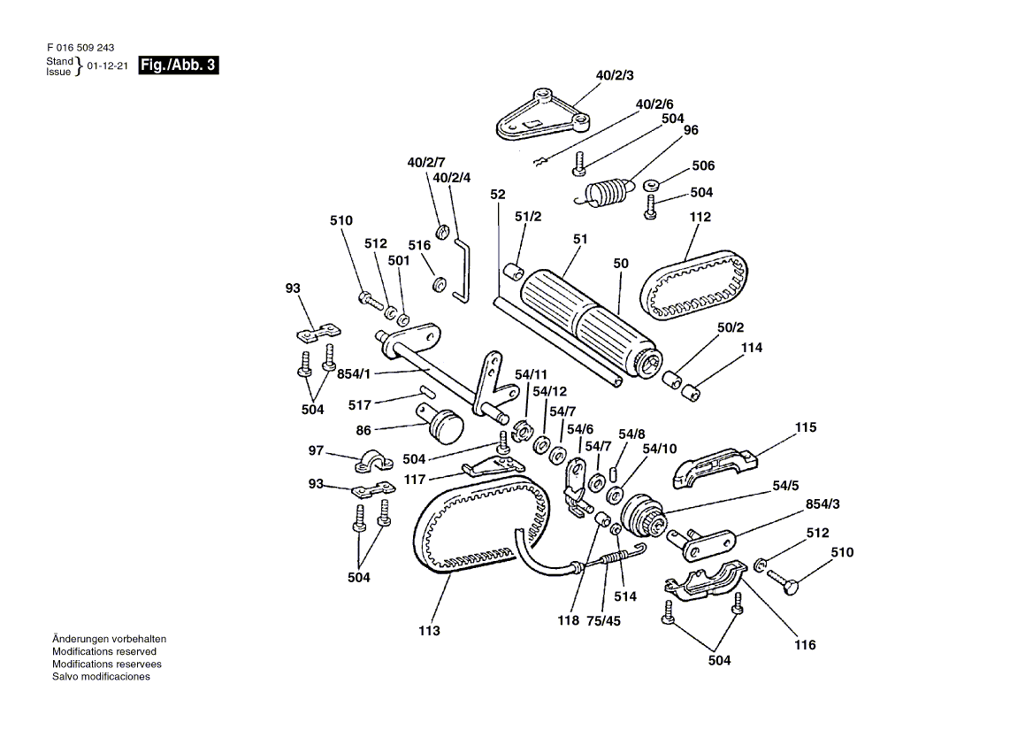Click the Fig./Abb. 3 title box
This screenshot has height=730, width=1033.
click(x=178, y=65)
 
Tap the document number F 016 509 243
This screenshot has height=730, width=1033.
click(x=80, y=48)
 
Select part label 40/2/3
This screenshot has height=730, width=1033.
click(x=615, y=75)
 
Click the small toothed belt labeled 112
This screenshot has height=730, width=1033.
click(x=694, y=287)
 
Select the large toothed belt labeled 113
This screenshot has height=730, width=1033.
click(x=484, y=525)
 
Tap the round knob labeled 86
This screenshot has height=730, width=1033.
click(x=440, y=425)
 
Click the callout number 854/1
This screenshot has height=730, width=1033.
click(x=354, y=374)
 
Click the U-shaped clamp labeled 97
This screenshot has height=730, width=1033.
click(x=373, y=461)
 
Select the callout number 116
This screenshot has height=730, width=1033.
click(x=805, y=645)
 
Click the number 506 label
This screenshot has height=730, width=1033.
click(x=703, y=165)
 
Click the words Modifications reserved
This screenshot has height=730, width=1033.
click(x=104, y=651)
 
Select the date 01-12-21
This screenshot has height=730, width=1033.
click(x=107, y=65)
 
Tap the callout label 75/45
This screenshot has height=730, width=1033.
click(x=603, y=620)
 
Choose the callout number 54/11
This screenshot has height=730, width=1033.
click(x=531, y=375)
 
